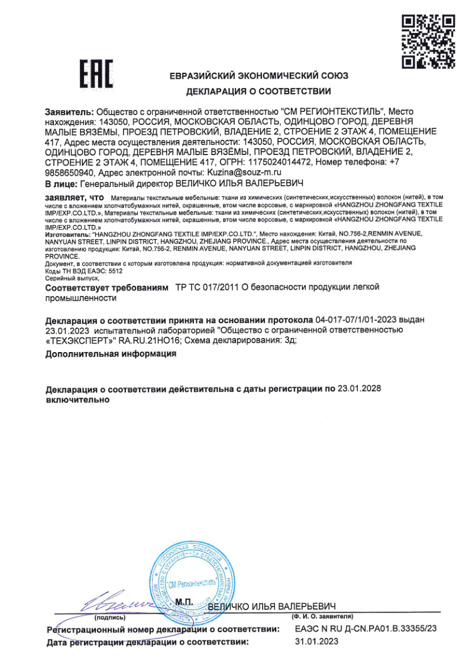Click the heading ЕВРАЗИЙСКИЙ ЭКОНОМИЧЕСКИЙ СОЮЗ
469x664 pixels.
[x=258, y=76]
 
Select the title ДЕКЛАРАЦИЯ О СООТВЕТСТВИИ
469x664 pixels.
[x=258, y=91]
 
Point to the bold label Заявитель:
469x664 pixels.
[x=69, y=111]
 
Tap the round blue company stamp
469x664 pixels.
[x=190, y=583]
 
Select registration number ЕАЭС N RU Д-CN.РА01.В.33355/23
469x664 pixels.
[x=365, y=629]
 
